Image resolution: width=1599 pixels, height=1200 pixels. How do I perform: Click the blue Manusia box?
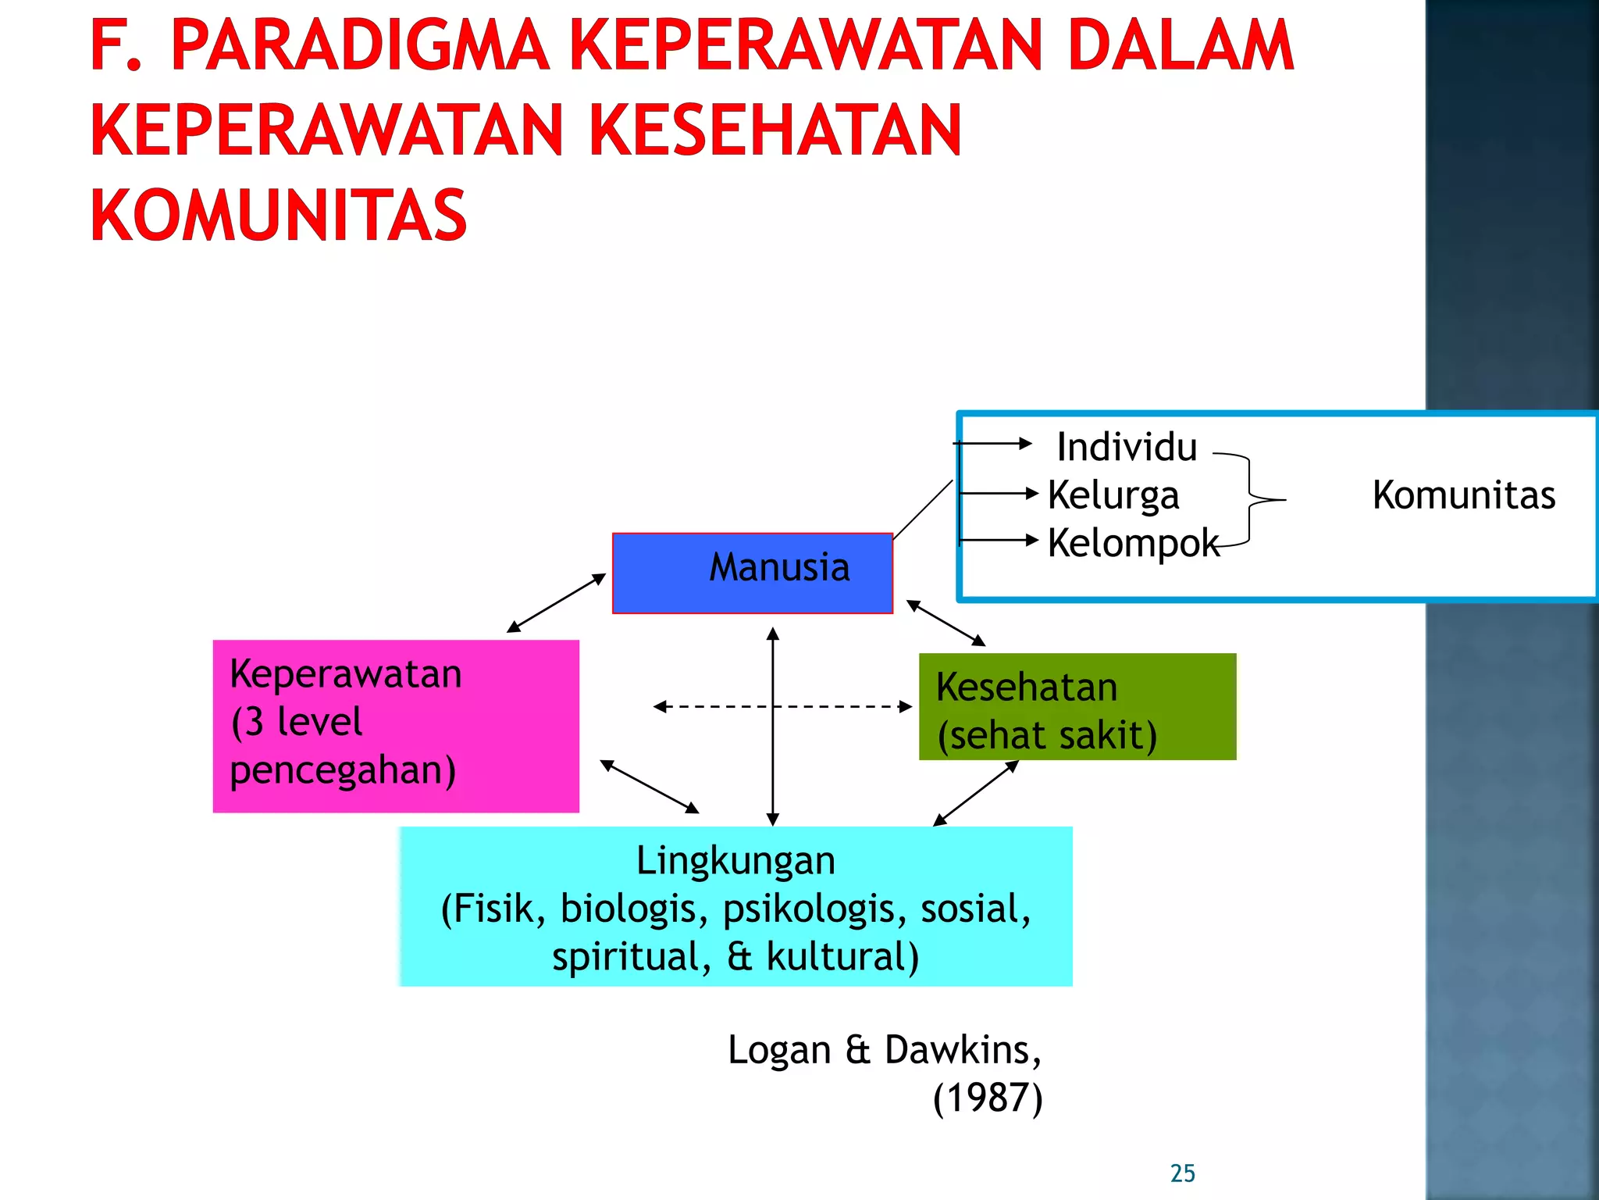[x=752, y=573]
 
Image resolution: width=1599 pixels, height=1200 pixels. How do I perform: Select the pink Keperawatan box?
[x=396, y=726]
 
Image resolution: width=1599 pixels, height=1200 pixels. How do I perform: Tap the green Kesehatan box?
[x=1077, y=707]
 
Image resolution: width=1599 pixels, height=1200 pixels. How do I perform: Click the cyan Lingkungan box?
[x=735, y=906]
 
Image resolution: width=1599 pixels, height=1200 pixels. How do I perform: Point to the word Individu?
[x=1126, y=448]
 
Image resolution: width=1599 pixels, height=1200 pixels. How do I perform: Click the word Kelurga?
[x=1113, y=495]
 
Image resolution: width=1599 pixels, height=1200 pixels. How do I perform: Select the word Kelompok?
[x=1132, y=543]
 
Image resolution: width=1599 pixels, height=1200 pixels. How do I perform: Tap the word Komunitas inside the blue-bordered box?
[x=1463, y=495]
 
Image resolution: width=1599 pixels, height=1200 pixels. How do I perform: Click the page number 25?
[x=1182, y=1173]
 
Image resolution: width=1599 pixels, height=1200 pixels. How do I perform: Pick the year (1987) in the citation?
[x=988, y=1098]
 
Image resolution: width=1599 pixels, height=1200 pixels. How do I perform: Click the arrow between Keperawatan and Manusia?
[x=556, y=603]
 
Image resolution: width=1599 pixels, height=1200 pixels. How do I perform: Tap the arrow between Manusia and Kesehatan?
[x=946, y=623]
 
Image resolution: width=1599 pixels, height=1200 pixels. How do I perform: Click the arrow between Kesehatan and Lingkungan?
[x=976, y=793]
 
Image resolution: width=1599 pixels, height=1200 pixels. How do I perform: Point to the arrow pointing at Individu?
[x=993, y=444]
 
